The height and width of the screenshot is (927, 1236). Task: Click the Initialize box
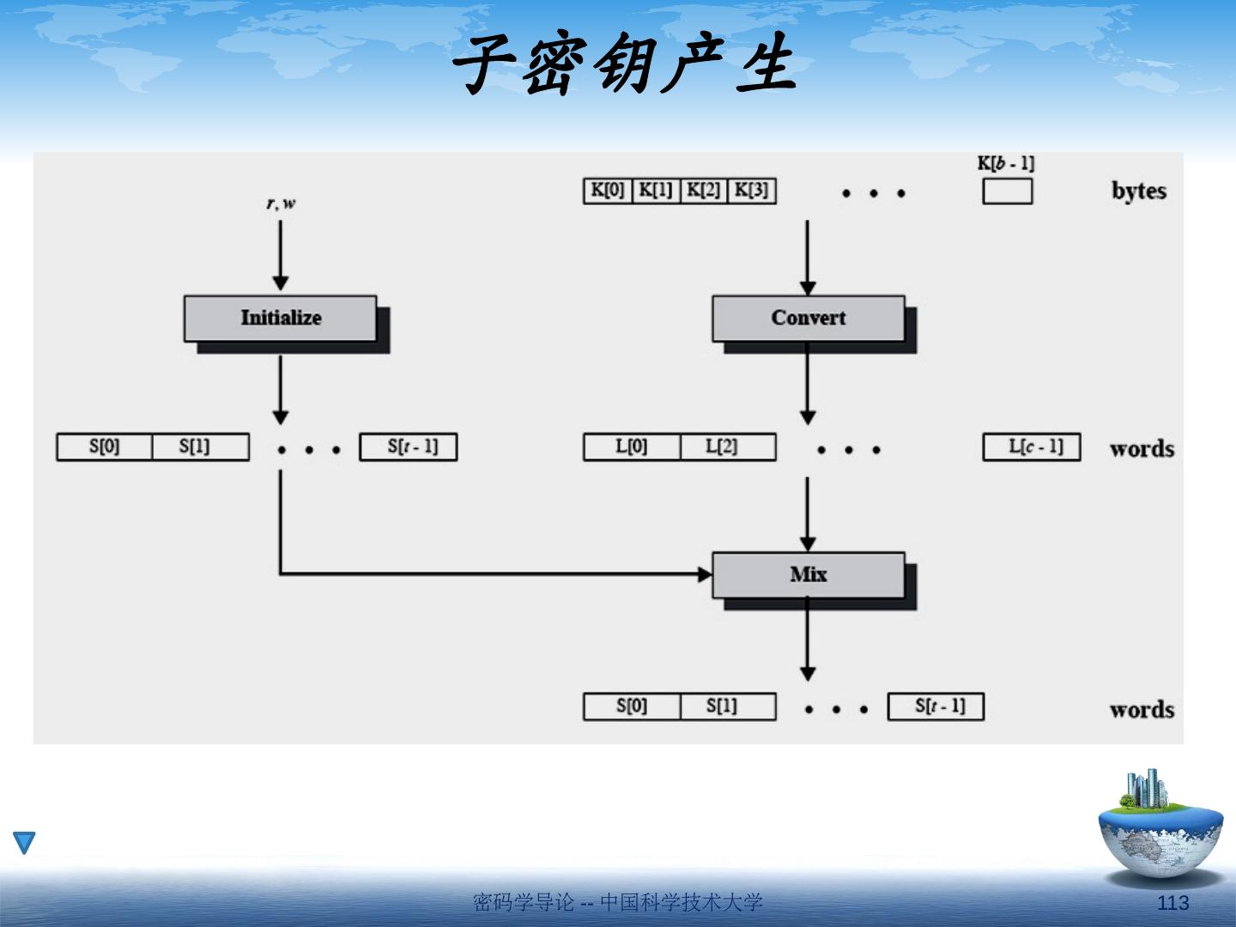click(x=281, y=318)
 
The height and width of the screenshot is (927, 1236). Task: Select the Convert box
click(x=808, y=318)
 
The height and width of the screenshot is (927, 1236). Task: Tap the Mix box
click(x=808, y=574)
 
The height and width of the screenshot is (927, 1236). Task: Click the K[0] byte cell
click(x=608, y=191)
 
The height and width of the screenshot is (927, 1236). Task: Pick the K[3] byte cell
click(x=752, y=191)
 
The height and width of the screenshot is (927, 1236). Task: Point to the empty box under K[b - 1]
click(x=1007, y=191)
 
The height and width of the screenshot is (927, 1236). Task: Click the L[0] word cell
click(x=632, y=447)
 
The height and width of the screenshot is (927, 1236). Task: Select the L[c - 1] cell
click(x=1031, y=447)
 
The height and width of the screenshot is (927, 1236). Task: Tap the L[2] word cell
click(x=728, y=447)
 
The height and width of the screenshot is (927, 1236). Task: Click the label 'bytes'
click(x=1139, y=191)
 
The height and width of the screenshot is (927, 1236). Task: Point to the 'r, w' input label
click(x=281, y=203)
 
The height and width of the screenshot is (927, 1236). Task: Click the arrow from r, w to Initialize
click(x=281, y=254)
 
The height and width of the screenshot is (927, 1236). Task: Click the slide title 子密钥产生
click(x=624, y=66)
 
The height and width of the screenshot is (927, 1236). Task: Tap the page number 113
click(x=1172, y=902)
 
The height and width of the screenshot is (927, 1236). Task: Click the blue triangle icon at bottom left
click(x=24, y=842)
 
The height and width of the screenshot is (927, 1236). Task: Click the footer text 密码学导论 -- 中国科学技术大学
click(x=617, y=902)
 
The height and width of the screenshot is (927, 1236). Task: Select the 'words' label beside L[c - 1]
click(x=1141, y=449)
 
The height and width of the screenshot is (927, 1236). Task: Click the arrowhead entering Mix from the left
click(x=705, y=573)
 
